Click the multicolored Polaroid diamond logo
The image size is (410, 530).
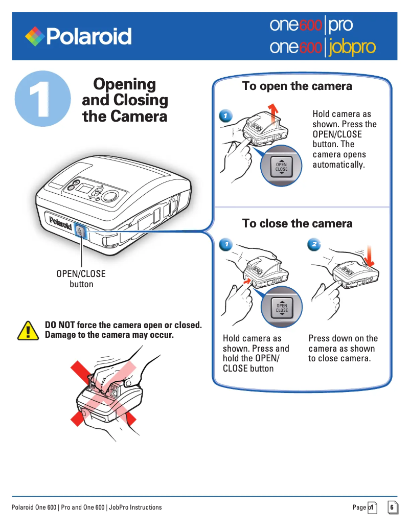[x=35, y=36]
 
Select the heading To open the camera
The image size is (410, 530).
[x=297, y=86]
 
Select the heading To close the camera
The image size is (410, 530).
[x=298, y=223]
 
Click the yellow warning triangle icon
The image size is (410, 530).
[x=28, y=331]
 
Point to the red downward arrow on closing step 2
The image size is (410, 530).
[x=369, y=256]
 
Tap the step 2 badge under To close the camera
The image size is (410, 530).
[x=314, y=244]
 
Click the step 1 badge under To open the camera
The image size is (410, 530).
[x=225, y=116]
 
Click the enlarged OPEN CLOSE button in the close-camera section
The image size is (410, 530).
[x=282, y=308]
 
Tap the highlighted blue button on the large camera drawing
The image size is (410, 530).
[x=80, y=232]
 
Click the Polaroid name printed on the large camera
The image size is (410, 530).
[x=60, y=223]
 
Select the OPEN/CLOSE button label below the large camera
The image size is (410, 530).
[x=81, y=279]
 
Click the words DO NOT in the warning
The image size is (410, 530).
[x=60, y=325]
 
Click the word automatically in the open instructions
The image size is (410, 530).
[x=338, y=165]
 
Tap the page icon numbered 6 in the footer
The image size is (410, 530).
[x=393, y=508]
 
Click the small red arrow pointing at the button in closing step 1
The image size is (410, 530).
[x=247, y=281]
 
